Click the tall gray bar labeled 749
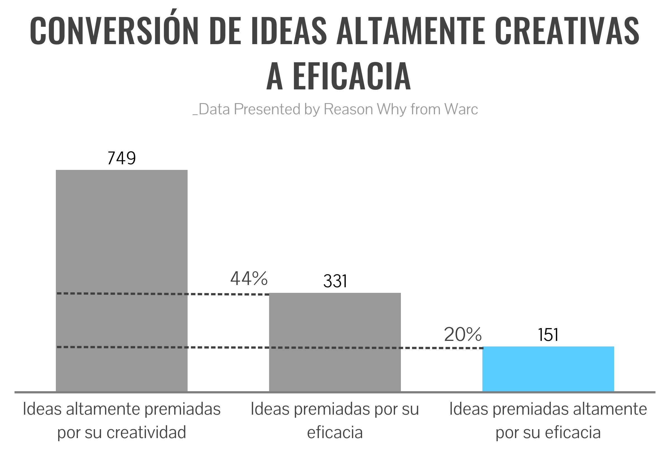tap(121, 231)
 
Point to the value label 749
tap(121, 158)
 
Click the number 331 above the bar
tap(335, 281)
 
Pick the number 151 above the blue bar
tap(548, 335)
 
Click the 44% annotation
tap(249, 279)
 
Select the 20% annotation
tap(462, 334)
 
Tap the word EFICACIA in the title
tap(352, 76)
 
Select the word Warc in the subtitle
tap(461, 109)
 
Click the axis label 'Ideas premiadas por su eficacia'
tap(335, 421)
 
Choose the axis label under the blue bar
tap(548, 421)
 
